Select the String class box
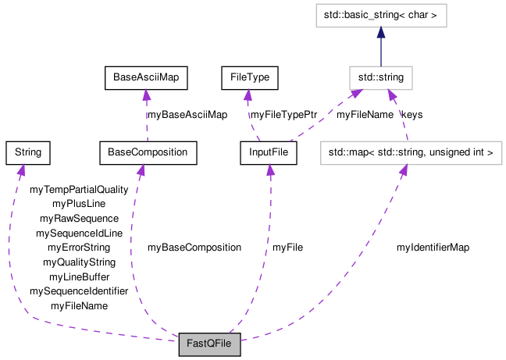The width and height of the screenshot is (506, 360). click(27, 152)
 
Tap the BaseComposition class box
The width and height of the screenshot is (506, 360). click(148, 152)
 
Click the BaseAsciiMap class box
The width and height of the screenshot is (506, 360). click(147, 77)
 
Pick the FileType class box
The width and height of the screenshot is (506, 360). click(249, 77)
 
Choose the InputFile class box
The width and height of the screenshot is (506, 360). click(269, 152)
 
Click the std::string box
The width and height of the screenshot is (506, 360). click(380, 77)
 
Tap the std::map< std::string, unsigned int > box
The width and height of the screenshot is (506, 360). click(410, 152)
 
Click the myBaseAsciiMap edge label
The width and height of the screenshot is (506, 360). click(187, 115)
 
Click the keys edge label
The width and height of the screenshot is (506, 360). click(412, 115)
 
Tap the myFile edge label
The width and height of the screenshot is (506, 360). click(287, 248)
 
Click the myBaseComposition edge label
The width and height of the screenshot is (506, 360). click(194, 248)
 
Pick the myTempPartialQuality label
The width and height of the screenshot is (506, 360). click(79, 190)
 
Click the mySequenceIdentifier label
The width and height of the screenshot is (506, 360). click(79, 291)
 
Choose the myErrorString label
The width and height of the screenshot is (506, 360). click(79, 248)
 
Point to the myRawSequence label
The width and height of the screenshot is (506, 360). click(79, 219)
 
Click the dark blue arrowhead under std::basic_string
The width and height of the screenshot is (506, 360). click(380, 33)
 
